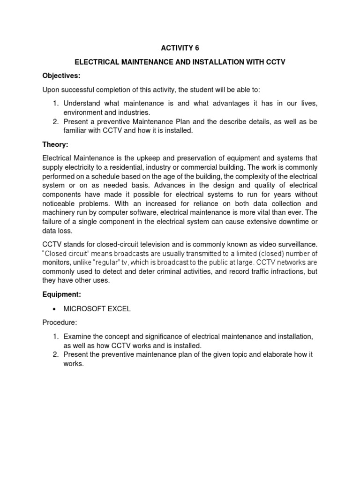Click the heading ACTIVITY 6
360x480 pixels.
180,47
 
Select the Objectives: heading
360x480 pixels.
61,75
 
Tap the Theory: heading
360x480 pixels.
55,145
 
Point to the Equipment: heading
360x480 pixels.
62,295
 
